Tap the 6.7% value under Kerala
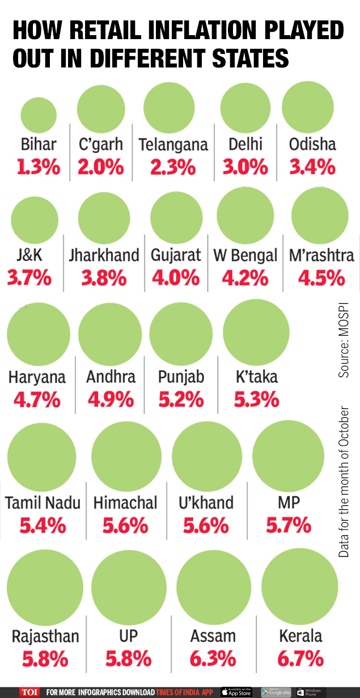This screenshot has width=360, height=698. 300,659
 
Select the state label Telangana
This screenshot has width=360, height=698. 173,144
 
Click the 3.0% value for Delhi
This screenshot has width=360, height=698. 245,167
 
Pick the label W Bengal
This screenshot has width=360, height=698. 245,255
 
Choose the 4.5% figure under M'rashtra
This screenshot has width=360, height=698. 321,278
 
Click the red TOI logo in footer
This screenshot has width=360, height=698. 29,692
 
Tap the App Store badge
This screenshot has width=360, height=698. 236,692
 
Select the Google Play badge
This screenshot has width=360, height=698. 276,692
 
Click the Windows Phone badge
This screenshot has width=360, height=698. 309,692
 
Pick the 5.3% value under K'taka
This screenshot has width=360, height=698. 256,400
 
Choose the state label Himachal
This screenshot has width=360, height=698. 125,502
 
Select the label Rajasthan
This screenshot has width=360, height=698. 45,636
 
